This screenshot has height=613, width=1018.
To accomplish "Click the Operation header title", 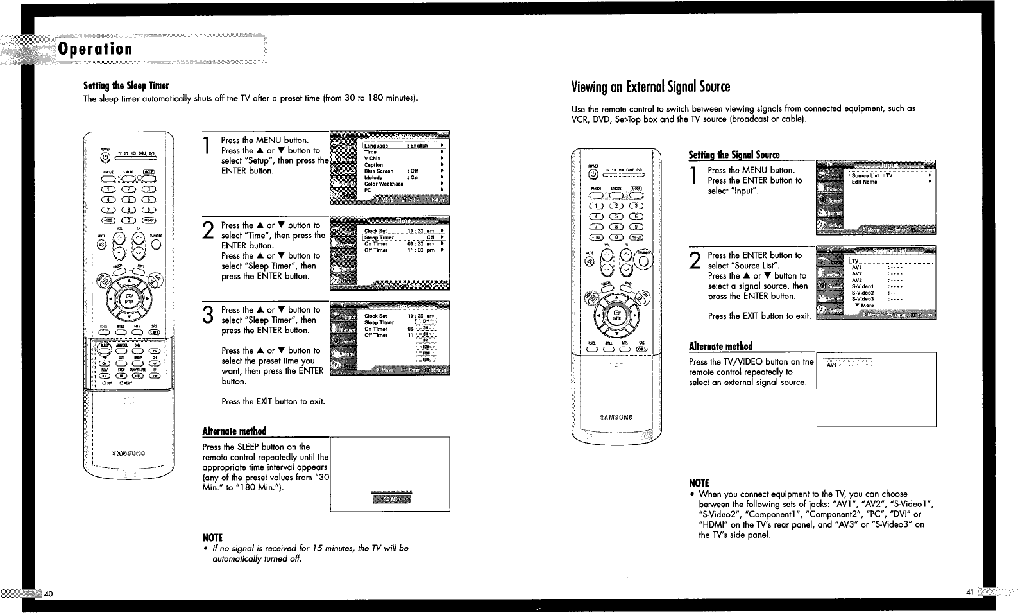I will [x=96, y=49].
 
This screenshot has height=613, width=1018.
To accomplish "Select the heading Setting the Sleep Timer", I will [x=126, y=86].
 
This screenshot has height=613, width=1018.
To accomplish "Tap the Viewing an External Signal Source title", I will [x=650, y=87].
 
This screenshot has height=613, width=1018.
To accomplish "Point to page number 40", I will [x=48, y=593].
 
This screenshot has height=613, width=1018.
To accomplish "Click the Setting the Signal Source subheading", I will [x=734, y=155].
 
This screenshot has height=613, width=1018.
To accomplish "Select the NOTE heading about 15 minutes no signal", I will [x=212, y=537].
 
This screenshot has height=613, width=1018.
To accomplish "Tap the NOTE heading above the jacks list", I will [x=699, y=483].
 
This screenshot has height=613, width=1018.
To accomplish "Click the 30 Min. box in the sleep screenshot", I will [x=391, y=500].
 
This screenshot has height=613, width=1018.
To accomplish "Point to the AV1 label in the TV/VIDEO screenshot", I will [x=832, y=365].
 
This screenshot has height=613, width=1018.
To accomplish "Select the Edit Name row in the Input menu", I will [x=864, y=182].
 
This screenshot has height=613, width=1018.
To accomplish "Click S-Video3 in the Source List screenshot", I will [x=863, y=299].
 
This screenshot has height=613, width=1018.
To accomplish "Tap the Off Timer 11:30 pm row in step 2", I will [x=404, y=250].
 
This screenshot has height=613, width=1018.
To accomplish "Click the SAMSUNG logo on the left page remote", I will [x=128, y=453].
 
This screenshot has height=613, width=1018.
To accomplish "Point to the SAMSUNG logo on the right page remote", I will [x=616, y=417].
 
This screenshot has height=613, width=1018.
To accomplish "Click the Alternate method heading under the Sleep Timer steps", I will [x=234, y=431].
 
